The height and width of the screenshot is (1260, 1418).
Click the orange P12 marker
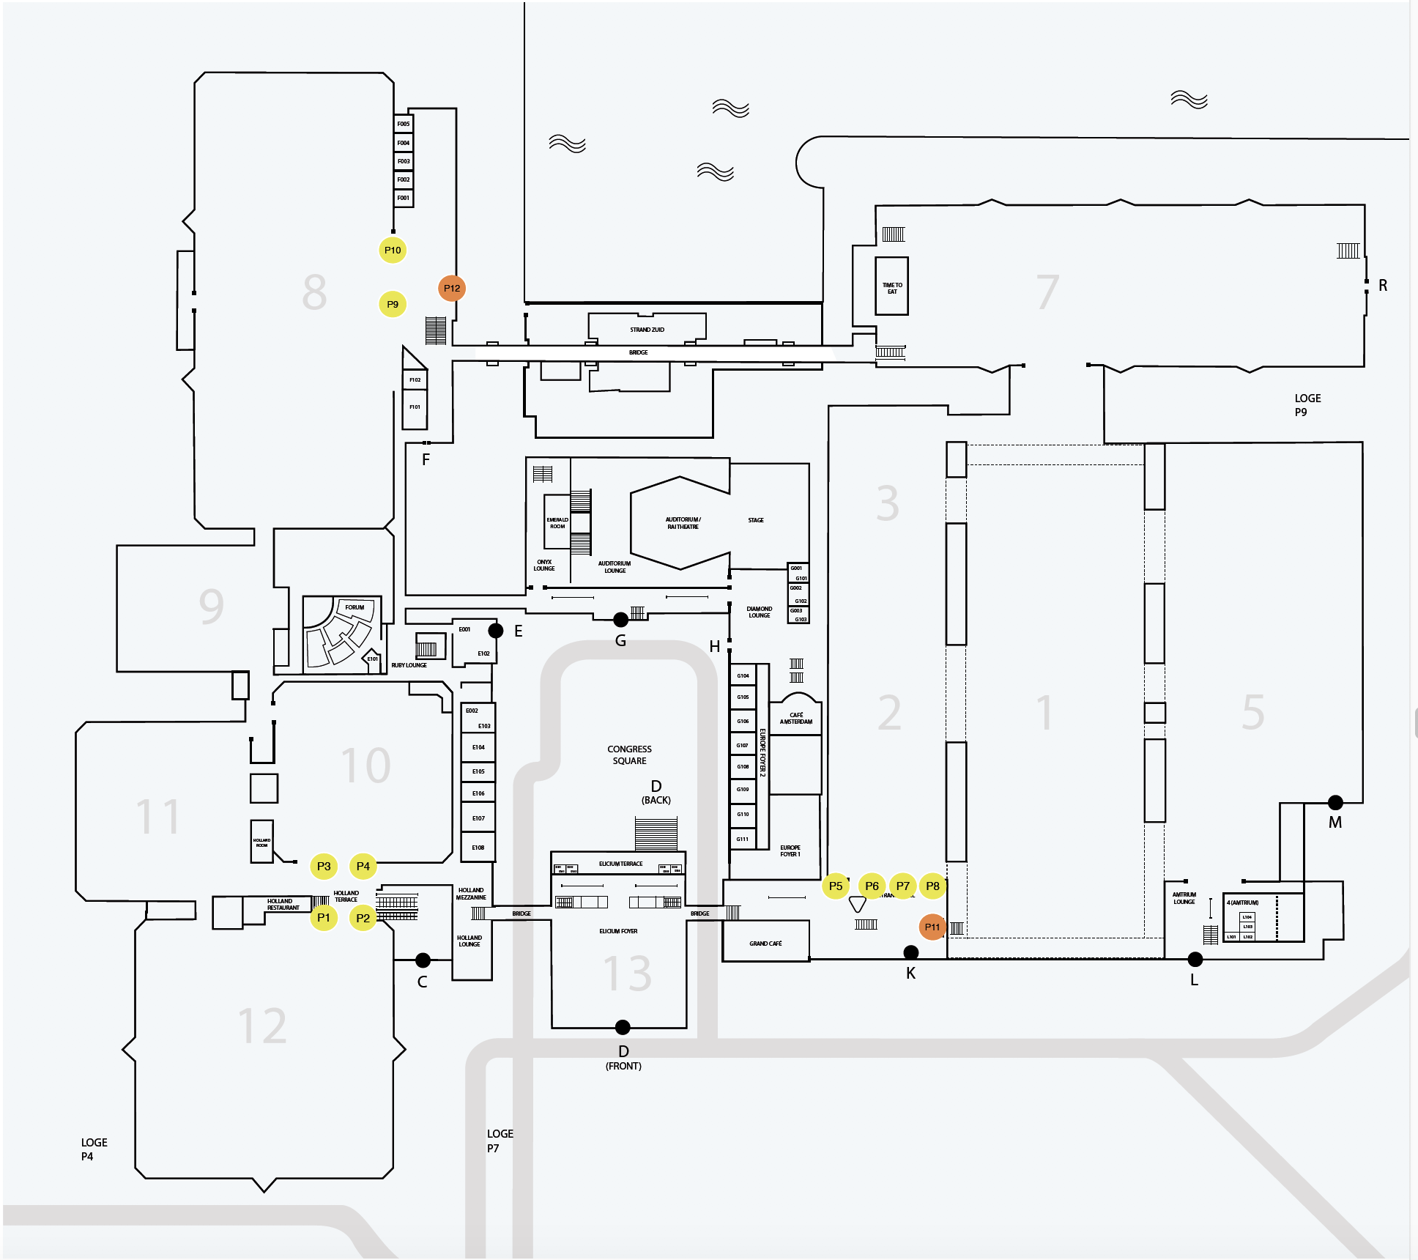pyautogui.click(x=452, y=288)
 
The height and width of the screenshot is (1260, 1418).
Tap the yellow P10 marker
pyautogui.click(x=393, y=250)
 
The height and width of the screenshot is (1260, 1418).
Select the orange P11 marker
pyautogui.click(x=932, y=927)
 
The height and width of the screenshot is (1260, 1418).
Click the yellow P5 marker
pyautogui.click(x=835, y=886)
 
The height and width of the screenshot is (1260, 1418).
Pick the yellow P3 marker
pyautogui.click(x=324, y=866)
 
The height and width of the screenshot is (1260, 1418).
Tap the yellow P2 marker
pyautogui.click(x=363, y=918)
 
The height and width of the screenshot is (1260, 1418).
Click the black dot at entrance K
pyautogui.click(x=911, y=952)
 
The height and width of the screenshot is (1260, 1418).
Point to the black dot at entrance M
pyautogui.click(x=1335, y=802)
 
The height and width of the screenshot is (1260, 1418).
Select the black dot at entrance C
pyautogui.click(x=423, y=960)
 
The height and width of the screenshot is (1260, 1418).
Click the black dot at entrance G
pyautogui.click(x=620, y=620)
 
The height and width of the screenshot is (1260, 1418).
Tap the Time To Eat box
pyautogui.click(x=892, y=287)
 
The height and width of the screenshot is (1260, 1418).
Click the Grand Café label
pyautogui.click(x=765, y=944)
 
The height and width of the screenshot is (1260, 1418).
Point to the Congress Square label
pyautogui.click(x=629, y=755)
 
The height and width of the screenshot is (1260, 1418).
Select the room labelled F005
pyautogui.click(x=404, y=124)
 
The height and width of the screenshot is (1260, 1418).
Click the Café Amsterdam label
pyautogui.click(x=796, y=718)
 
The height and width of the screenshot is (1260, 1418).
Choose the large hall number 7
pyautogui.click(x=1047, y=292)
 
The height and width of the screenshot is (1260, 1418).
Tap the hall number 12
pyautogui.click(x=262, y=1026)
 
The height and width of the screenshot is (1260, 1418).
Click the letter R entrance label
pyautogui.click(x=1383, y=286)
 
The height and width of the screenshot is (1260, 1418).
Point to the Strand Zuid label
pyautogui.click(x=647, y=330)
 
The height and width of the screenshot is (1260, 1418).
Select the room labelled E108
pyautogui.click(x=478, y=848)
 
